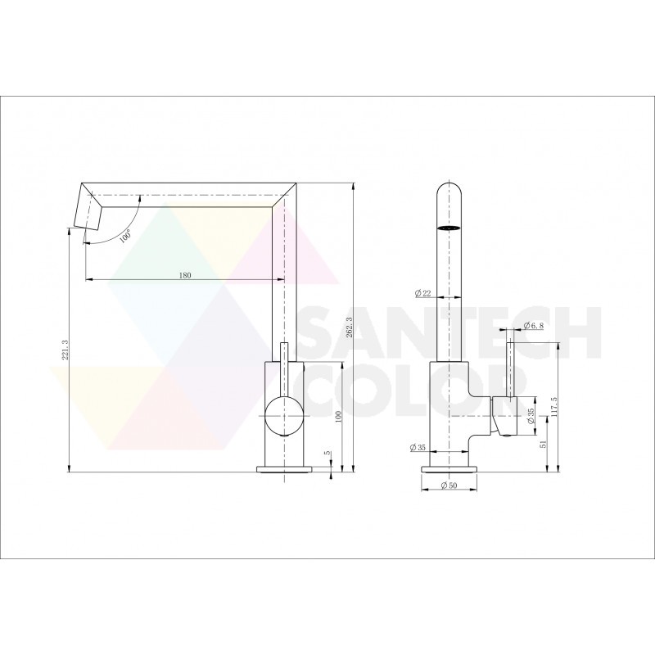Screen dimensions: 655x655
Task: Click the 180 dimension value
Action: [185, 275]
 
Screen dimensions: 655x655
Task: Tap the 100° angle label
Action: [126, 236]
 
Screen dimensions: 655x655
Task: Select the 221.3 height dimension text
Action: [65, 352]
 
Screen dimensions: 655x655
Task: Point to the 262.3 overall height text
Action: [350, 326]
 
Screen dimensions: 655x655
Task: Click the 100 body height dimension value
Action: [338, 416]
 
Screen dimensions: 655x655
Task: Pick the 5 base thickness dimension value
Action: [327, 453]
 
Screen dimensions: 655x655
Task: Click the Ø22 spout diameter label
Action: [422, 293]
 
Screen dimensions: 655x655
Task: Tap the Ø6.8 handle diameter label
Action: [532, 325]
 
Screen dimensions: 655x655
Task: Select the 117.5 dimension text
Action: [553, 409]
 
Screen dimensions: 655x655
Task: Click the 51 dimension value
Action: [544, 444]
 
